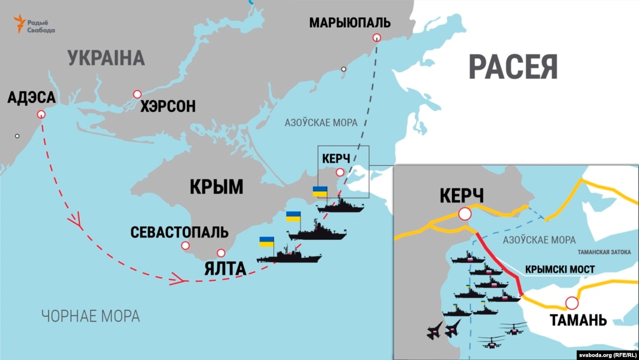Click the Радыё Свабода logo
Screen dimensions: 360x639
tap(34, 25)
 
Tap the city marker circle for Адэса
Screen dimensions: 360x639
tap(41, 115)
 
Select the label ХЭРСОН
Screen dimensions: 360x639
tap(167, 107)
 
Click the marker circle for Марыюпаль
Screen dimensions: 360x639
tap(376, 38)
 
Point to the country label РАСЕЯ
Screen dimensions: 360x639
tap(513, 67)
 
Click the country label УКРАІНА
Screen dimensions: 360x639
tap(106, 58)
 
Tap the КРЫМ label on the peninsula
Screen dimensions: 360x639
tap(216, 187)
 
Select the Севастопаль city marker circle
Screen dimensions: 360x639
tap(185, 245)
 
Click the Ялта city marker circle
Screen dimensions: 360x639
tap(221, 252)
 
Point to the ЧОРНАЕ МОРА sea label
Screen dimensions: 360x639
tap(91, 316)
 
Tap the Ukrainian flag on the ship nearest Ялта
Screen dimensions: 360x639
tap(266, 242)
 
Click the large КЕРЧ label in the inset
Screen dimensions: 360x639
tap(462, 195)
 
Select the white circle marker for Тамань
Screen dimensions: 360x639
tap(572, 303)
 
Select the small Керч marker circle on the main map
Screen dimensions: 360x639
tap(340, 173)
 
